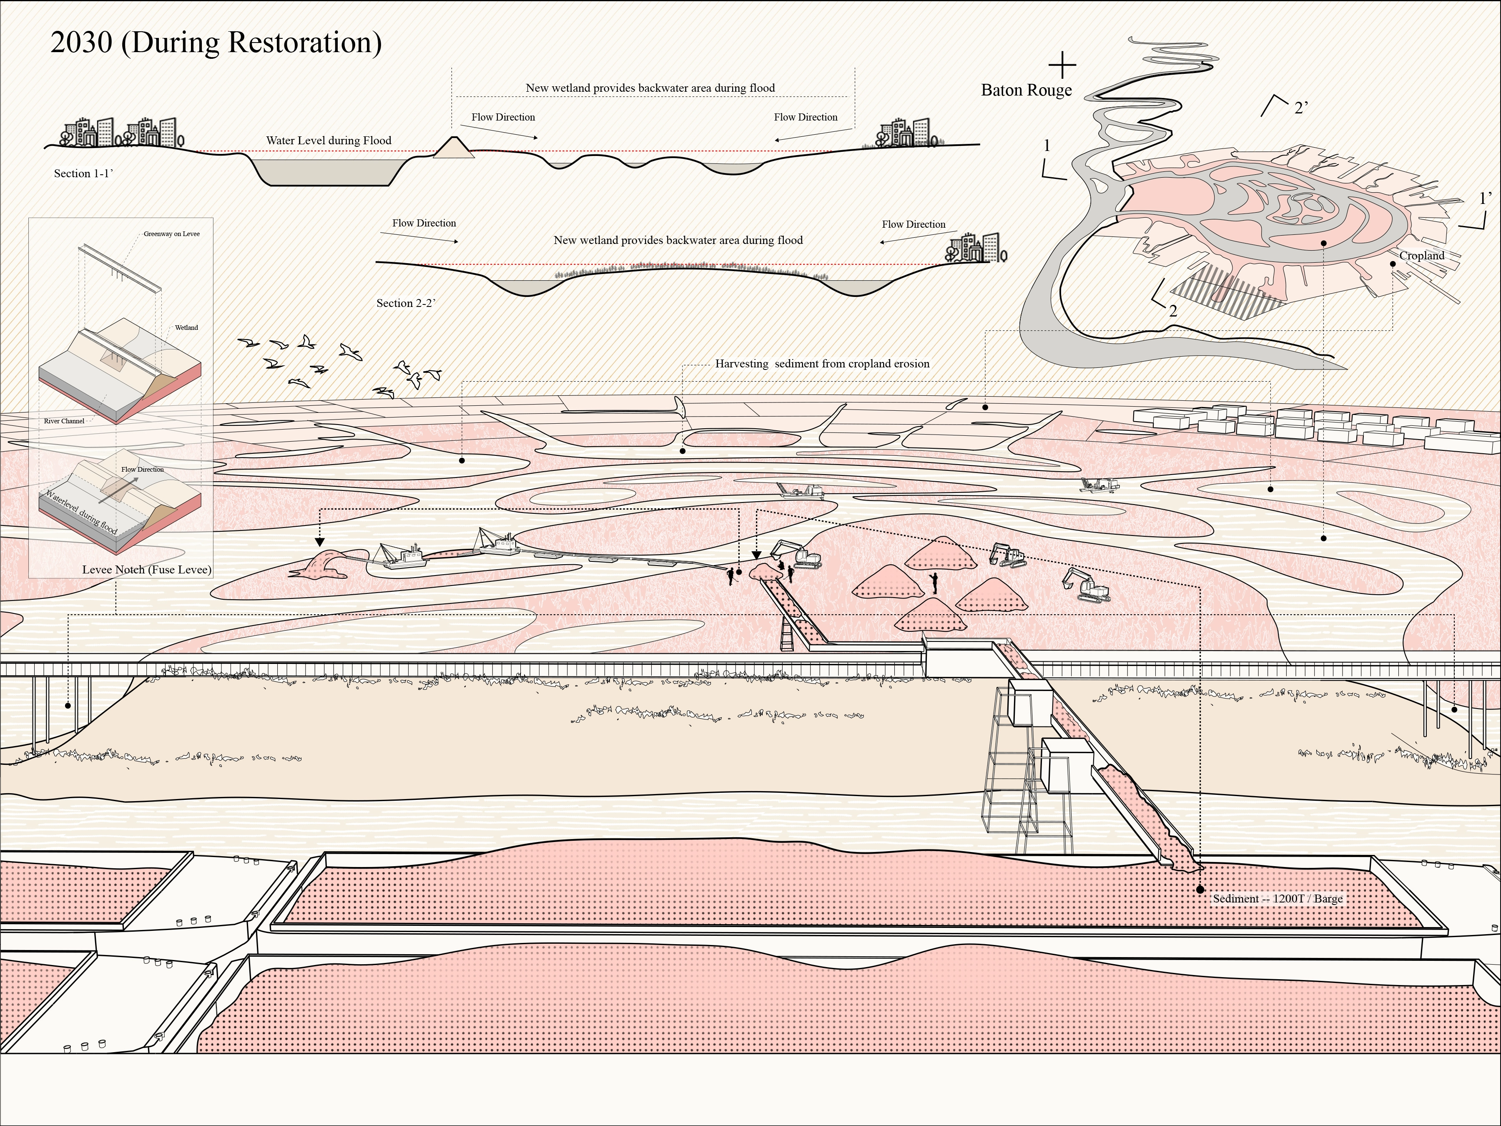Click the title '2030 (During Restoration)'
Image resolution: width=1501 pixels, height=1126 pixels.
216,42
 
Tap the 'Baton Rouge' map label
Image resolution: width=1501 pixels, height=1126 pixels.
1026,90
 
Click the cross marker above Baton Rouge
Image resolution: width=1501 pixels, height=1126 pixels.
1062,65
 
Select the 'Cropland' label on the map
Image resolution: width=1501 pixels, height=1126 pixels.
1422,256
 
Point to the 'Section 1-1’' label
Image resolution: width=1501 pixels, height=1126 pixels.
83,174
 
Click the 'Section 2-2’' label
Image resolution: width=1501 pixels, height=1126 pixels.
405,303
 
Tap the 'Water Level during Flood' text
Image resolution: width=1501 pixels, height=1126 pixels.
329,141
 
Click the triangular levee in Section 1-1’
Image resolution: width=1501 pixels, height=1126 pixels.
453,148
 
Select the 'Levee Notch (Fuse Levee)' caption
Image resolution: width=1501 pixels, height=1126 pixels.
147,569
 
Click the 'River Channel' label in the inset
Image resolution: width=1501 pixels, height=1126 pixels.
65,421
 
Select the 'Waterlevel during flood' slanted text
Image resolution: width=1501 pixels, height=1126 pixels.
81,511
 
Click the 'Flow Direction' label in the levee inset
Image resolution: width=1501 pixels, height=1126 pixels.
143,470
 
